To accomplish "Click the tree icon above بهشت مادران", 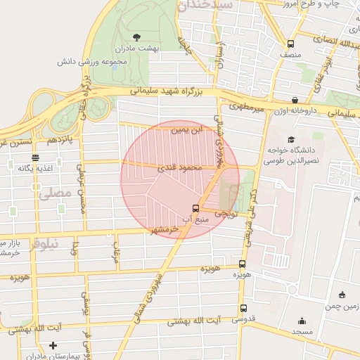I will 136,36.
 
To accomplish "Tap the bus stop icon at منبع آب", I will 195,208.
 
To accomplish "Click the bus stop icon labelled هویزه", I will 243,264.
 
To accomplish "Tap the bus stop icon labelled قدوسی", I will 243,308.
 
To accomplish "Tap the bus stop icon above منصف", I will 290,42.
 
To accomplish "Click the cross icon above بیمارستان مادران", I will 53,345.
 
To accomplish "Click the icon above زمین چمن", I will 342,295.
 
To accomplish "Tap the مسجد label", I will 302,330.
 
